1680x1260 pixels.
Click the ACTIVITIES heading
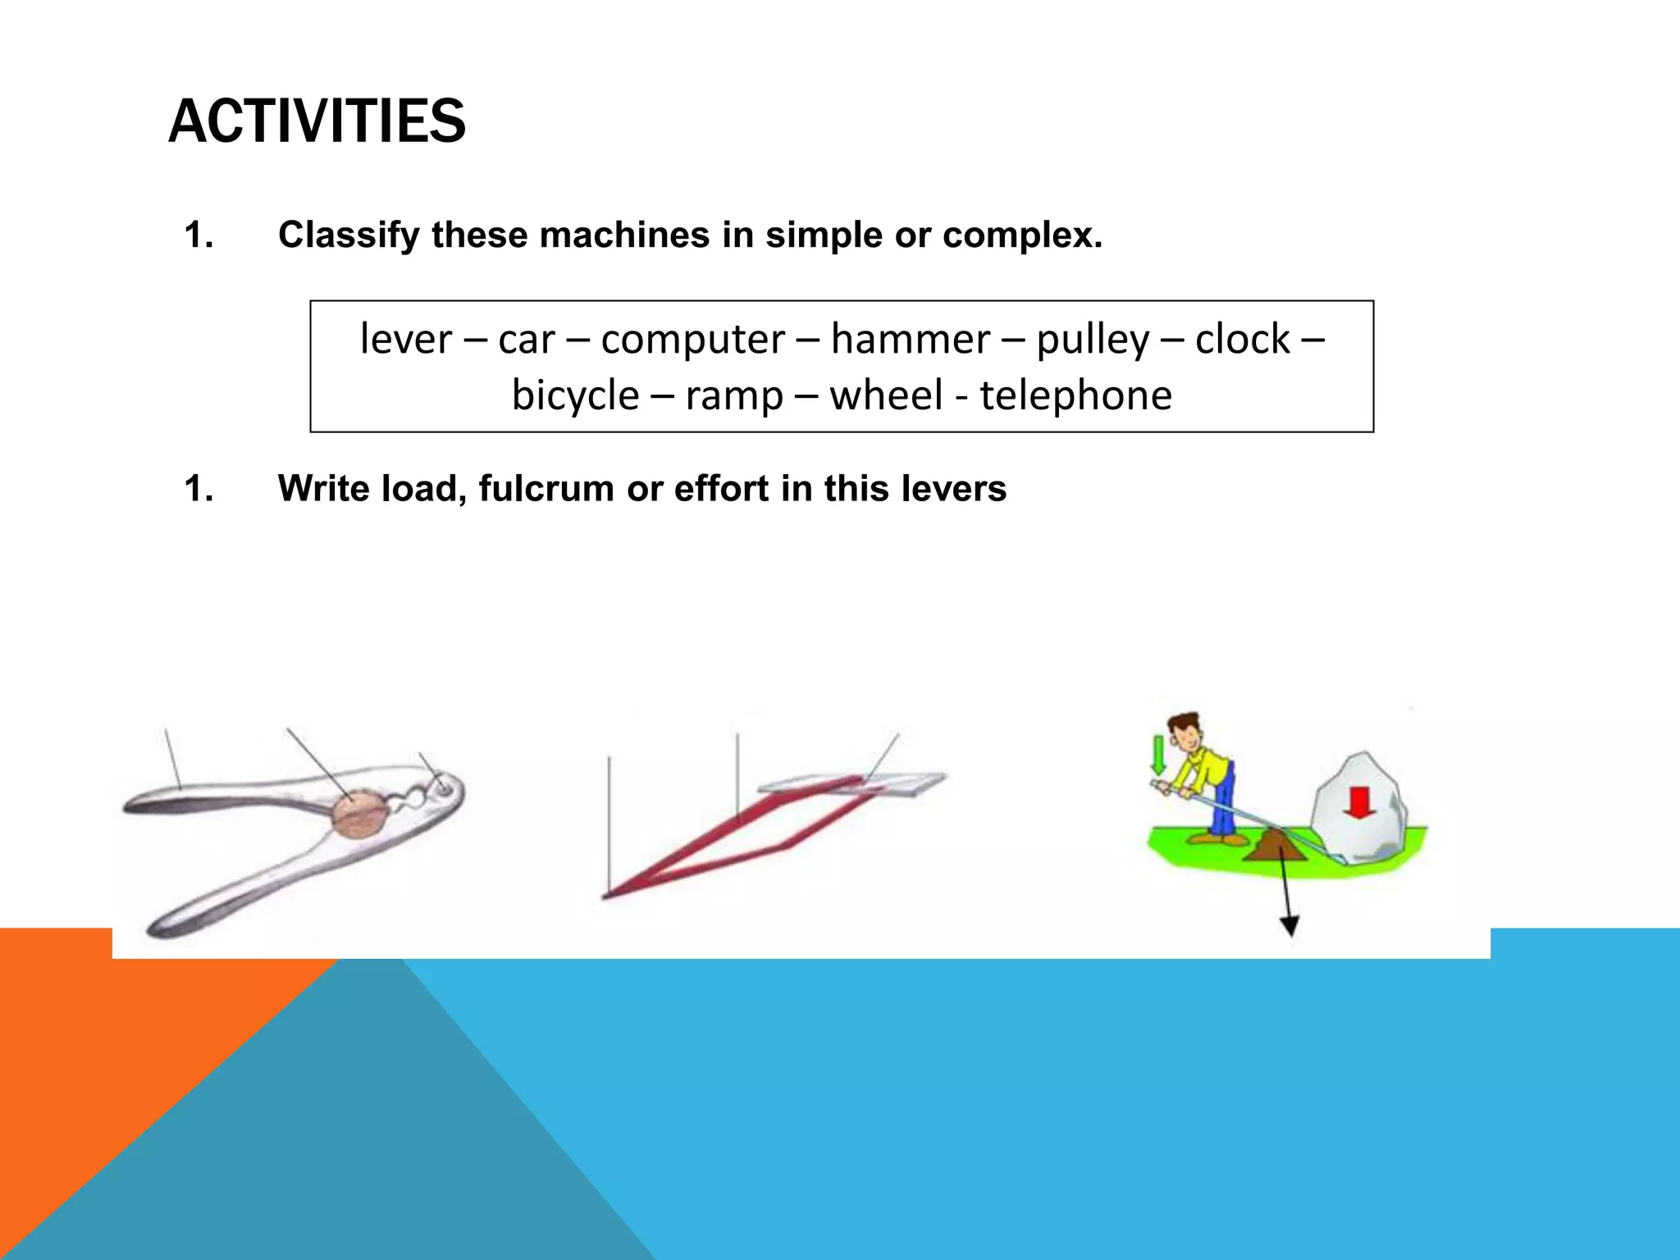tap(317, 121)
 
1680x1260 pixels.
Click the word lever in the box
tap(406, 339)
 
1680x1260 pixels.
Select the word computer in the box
tap(692, 339)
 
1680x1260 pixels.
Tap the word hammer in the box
tap(910, 339)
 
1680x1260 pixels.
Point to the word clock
tap(1242, 339)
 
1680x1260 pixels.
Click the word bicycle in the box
tap(575, 395)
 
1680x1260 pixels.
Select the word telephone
tap(1075, 395)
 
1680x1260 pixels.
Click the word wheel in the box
tap(886, 395)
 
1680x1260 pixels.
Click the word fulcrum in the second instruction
tap(546, 488)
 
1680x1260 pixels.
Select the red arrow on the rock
tap(1359, 802)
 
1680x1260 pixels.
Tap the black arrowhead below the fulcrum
tap(1290, 927)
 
